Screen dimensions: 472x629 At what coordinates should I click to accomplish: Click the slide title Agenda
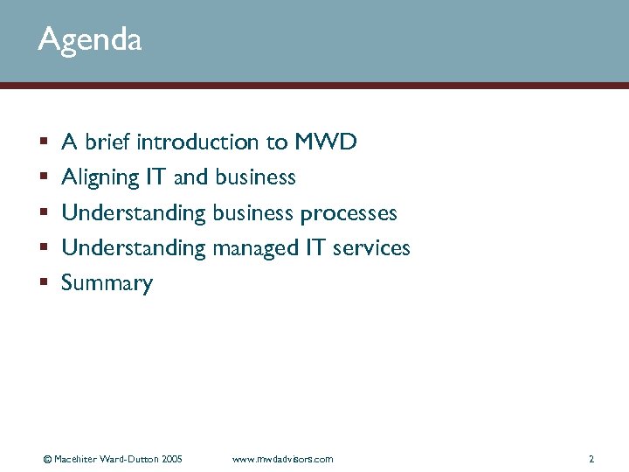coord(89,40)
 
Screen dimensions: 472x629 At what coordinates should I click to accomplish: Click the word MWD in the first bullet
coord(326,142)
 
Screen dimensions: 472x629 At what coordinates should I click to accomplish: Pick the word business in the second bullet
coord(255,177)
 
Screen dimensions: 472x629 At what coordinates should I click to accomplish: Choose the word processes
coord(349,213)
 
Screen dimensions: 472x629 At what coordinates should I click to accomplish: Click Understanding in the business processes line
coord(134,213)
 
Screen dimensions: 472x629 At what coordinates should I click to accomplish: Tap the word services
coord(370,248)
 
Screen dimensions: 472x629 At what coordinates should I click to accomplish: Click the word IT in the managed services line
coord(315,248)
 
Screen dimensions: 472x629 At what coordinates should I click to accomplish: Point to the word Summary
coord(107,284)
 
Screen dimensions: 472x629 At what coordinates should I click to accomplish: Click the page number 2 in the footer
coord(591,459)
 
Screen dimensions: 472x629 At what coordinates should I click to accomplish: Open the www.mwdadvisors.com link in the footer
coord(283,459)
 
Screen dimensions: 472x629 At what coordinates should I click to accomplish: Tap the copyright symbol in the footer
coord(47,459)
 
